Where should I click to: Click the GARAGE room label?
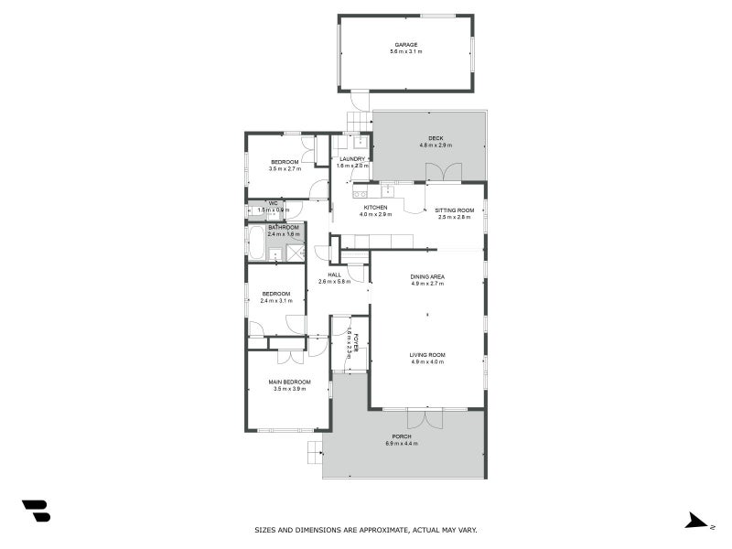coord(405,45)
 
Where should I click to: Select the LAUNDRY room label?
coord(351,159)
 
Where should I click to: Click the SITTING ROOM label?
coord(454,210)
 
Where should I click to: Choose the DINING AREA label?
coord(427,276)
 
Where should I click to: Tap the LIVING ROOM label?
coord(427,354)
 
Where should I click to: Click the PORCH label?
coord(404,437)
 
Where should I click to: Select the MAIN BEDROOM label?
coord(289,382)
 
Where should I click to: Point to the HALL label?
coord(334,275)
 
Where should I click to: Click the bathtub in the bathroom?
coord(257,245)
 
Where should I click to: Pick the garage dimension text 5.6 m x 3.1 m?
coord(405,52)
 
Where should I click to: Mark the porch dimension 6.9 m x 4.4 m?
coord(404,445)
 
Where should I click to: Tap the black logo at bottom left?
coord(36,511)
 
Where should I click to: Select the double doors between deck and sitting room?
coord(444,172)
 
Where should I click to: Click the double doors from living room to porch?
coord(425,417)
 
